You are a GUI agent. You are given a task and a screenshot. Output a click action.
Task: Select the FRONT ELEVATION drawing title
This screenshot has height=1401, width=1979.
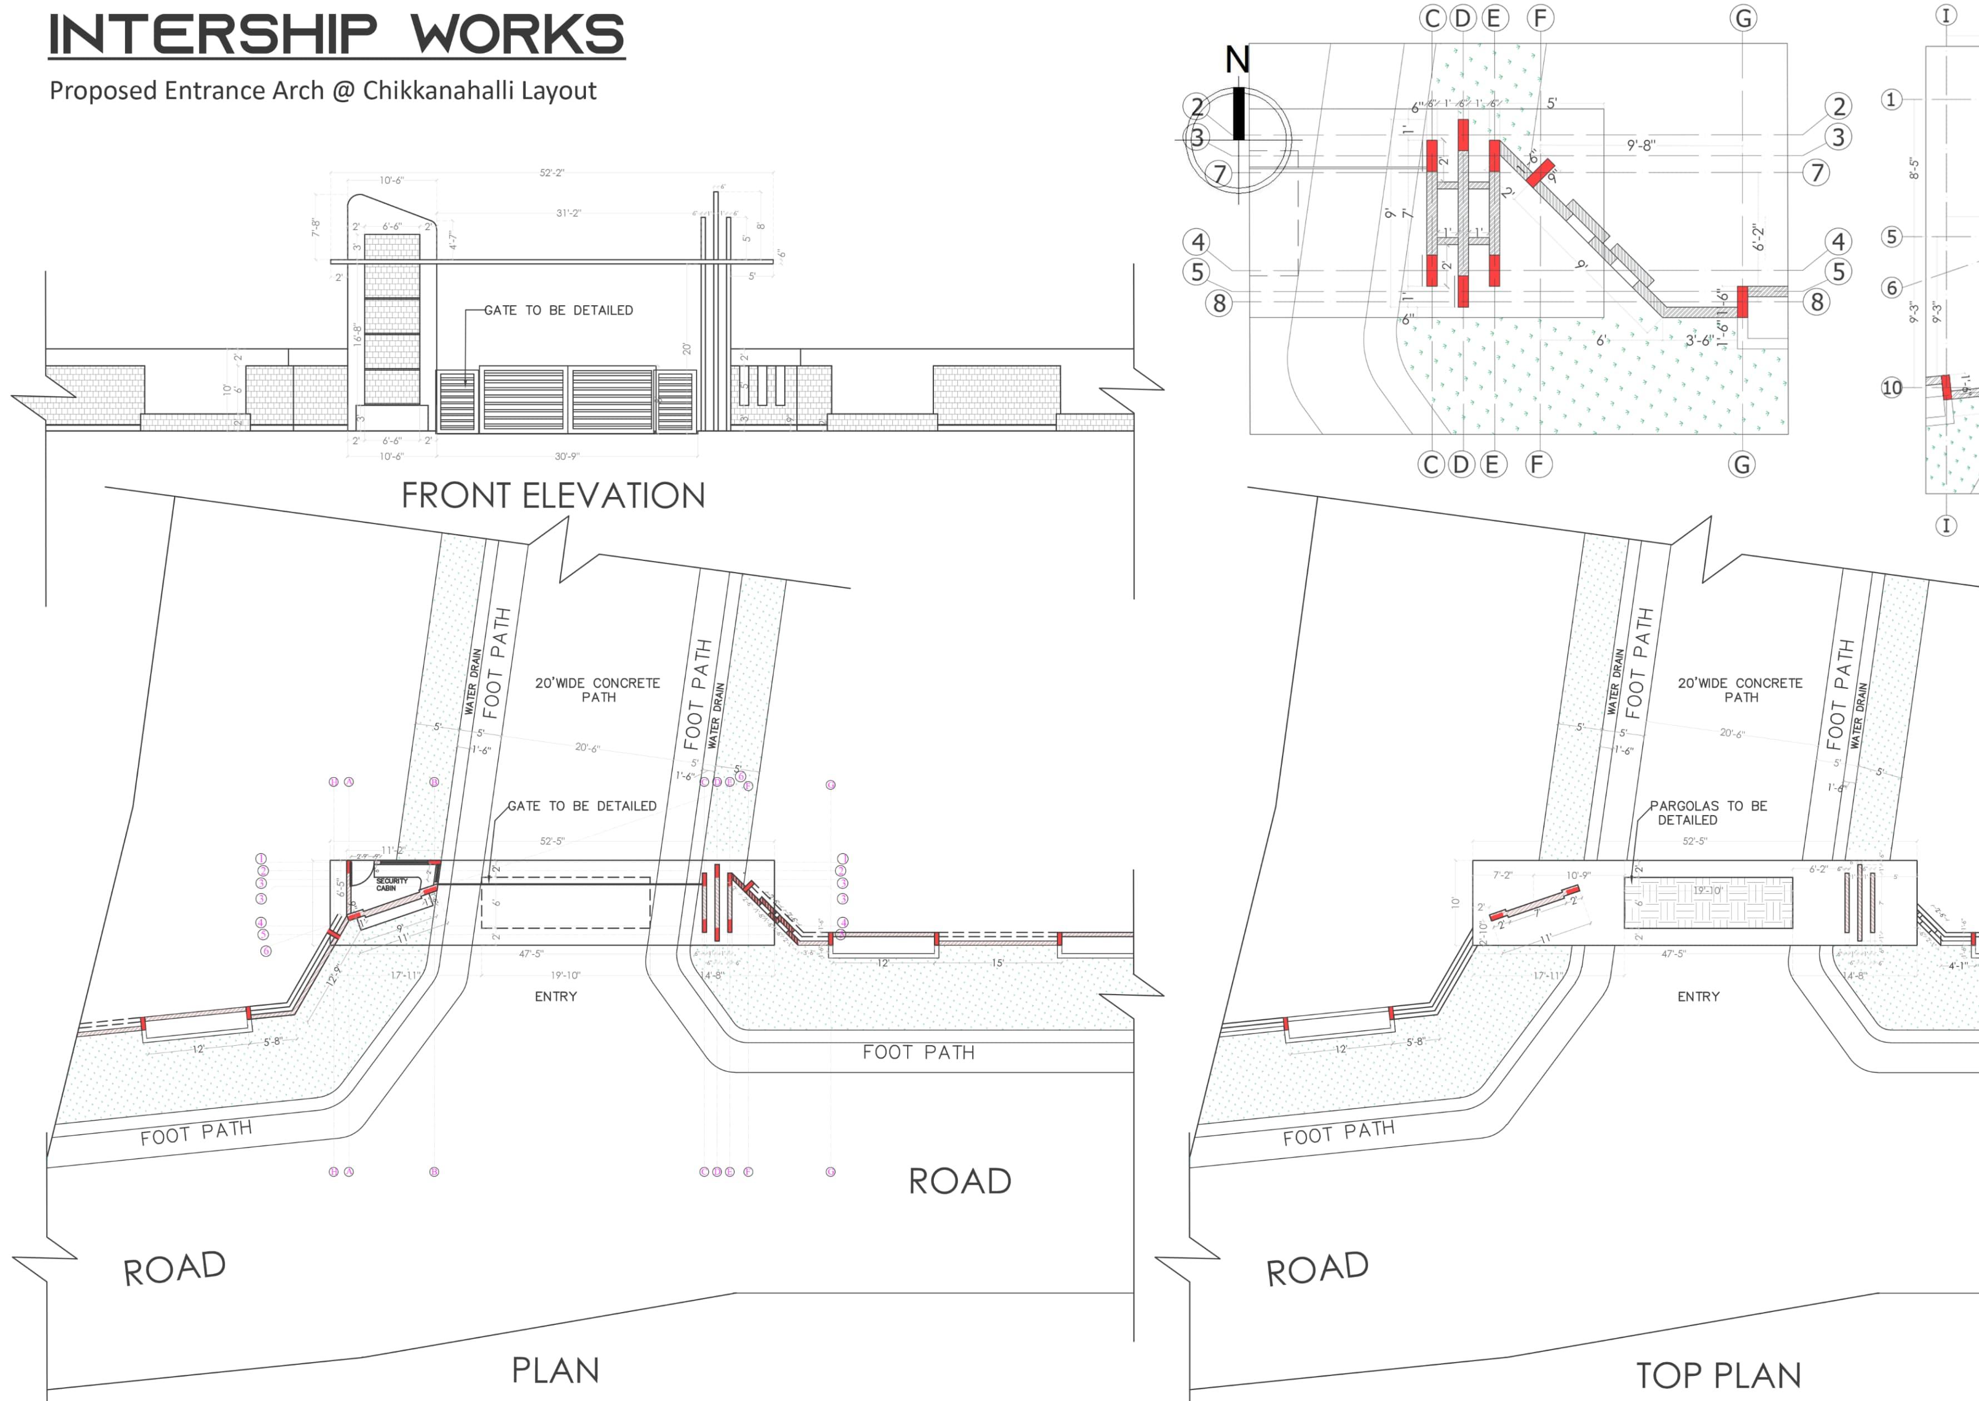(553, 496)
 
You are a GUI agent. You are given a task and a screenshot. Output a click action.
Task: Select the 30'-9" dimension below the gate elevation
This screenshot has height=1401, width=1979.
(567, 456)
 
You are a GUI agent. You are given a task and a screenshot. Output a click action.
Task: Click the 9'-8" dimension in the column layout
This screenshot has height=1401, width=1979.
(1641, 146)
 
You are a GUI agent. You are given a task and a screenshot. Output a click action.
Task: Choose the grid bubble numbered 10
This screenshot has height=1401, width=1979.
(1891, 387)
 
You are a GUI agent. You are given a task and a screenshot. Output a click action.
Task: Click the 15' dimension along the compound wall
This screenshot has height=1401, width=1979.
(997, 963)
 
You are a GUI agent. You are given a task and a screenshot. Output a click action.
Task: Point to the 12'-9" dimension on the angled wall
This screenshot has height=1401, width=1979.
(335, 975)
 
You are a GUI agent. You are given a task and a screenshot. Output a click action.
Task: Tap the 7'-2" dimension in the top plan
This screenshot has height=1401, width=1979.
(1502, 875)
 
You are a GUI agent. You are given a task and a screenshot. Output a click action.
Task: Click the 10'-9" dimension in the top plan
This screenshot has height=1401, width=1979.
(1578, 875)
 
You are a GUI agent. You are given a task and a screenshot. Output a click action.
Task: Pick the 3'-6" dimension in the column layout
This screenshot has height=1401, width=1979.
(1699, 340)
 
